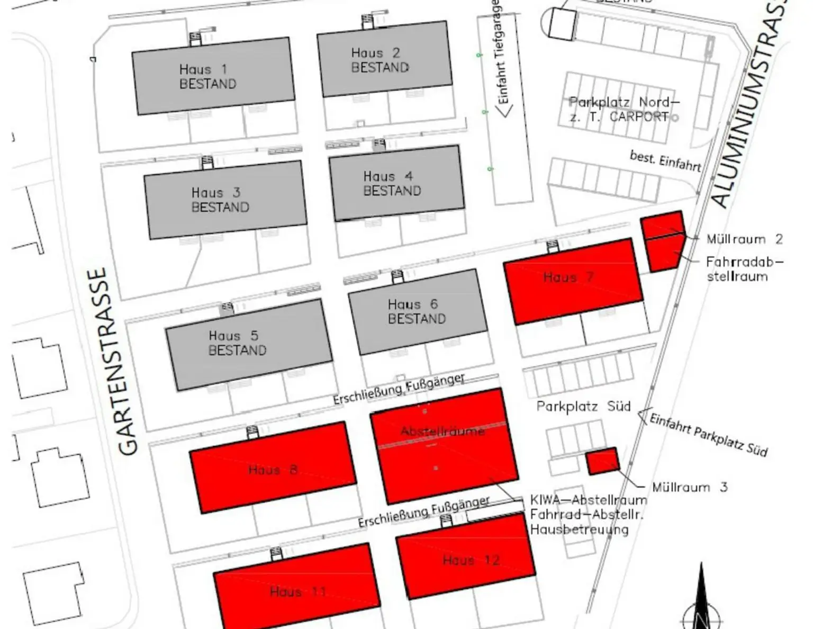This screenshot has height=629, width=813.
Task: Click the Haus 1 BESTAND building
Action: click(x=213, y=76)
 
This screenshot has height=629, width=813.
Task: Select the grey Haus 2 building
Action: click(x=385, y=59)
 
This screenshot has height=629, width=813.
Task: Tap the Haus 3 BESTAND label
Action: click(x=220, y=200)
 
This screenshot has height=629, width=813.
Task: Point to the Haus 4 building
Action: click(x=396, y=183)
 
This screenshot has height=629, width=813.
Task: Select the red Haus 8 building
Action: click(x=273, y=467)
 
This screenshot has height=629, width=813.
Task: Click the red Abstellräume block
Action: click(x=444, y=445)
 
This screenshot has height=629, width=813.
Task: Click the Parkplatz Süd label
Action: click(x=583, y=407)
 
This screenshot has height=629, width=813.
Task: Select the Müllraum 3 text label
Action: click(x=689, y=487)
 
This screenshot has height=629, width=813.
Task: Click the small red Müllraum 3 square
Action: click(x=602, y=461)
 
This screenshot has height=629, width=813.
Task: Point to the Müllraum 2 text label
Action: click(x=744, y=239)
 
